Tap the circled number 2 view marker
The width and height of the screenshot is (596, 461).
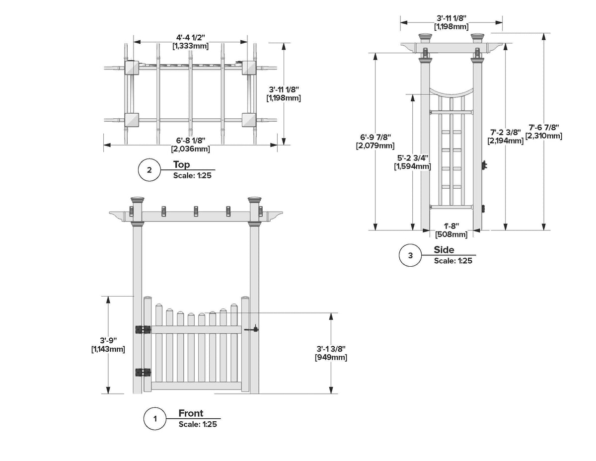149,170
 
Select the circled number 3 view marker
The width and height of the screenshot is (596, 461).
410,256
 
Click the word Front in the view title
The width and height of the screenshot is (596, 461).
191,413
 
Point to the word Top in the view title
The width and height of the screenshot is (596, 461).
181,164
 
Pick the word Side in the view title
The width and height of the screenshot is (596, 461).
444,250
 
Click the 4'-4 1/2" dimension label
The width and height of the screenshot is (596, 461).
190,37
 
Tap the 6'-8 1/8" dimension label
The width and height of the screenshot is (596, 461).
190,140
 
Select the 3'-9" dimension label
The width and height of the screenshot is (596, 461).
108,340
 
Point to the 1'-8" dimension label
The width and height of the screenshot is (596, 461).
451,226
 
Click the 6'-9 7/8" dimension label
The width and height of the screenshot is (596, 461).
375,137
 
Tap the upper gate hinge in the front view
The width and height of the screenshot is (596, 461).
143,329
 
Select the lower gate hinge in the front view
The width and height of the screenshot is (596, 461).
143,372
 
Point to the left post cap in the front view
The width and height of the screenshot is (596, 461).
137,201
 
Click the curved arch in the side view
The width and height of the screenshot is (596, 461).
451,92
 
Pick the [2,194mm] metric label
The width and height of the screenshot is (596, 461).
506,141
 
